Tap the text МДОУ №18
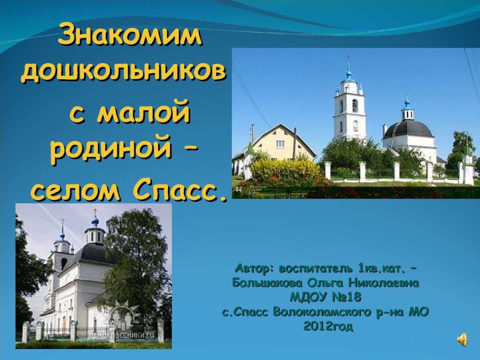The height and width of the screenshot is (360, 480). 325,297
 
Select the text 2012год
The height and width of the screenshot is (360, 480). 328,326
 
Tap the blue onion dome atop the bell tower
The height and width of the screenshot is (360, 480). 348,75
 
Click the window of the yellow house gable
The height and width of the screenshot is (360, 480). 280,144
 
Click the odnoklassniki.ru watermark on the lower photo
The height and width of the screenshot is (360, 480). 122,335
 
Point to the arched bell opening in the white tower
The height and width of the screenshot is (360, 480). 355,105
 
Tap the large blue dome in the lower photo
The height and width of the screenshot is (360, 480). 95,221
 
